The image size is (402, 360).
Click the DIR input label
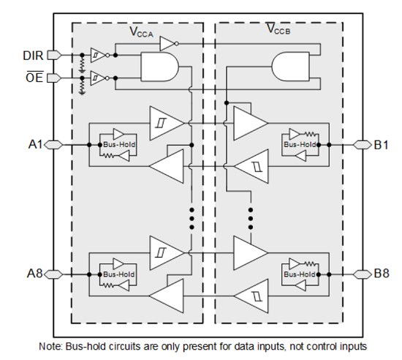[x=33, y=56]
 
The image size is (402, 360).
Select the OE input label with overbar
[x=34, y=77]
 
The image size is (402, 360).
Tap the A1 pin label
[x=35, y=145]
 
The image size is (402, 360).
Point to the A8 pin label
[x=34, y=274]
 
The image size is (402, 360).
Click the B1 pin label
[x=382, y=145]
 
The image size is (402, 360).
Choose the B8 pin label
[x=382, y=273]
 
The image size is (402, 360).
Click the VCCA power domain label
[x=142, y=32]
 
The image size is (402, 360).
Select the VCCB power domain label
[x=278, y=29]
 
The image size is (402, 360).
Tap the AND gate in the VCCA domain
[x=160, y=67]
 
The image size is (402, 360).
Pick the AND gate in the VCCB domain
[x=290, y=67]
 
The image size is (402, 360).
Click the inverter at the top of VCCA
[x=169, y=44]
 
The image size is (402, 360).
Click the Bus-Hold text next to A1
[x=119, y=145]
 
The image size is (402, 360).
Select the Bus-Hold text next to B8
[x=300, y=274]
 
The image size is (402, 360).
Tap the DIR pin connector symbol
[x=54, y=55]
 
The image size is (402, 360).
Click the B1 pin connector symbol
[x=363, y=145]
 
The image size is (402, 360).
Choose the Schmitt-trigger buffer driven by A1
[x=167, y=123]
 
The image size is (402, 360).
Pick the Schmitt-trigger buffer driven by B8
[x=251, y=296]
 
